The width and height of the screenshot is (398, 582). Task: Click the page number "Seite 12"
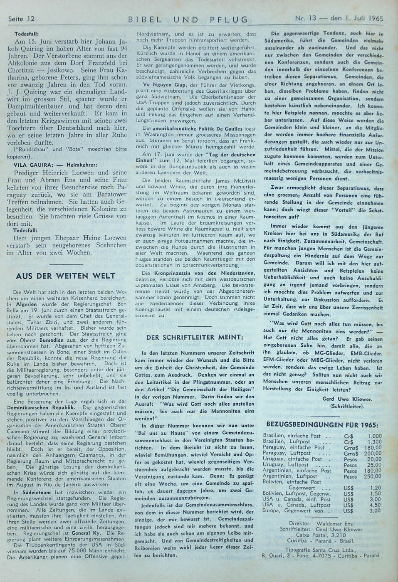[x=21, y=18]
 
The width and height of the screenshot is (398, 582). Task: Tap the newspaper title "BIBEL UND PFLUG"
[x=188, y=19]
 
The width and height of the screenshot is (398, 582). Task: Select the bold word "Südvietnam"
[x=30, y=493]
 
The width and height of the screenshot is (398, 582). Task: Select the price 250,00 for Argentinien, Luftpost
[x=372, y=476]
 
